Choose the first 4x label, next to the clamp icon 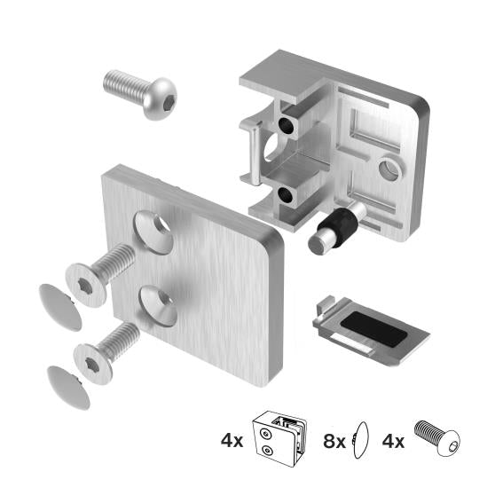(x=232, y=439)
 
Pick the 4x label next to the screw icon (x=393, y=439)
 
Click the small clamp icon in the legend (x=280, y=439)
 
